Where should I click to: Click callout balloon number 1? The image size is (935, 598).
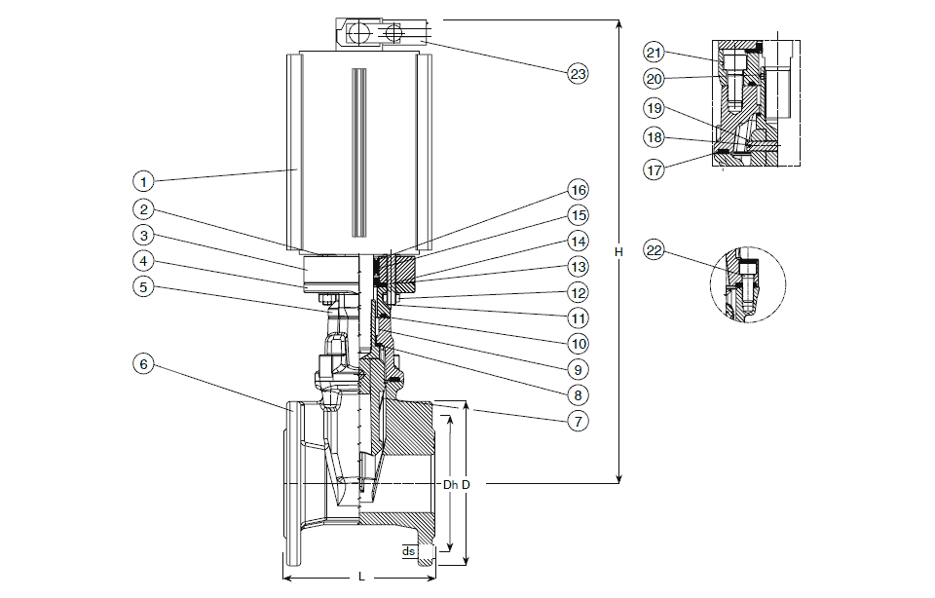143,180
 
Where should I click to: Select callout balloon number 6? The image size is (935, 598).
143,363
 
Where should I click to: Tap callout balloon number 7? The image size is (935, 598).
578,422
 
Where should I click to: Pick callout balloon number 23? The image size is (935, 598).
579,72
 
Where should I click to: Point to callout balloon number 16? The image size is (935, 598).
579,189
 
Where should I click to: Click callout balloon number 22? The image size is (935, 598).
654,251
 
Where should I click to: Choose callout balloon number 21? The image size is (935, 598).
654,53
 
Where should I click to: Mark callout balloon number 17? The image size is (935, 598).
654,168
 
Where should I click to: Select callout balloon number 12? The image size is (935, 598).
579,292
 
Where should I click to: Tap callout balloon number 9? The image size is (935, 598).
579,369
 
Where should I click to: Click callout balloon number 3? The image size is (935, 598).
143,235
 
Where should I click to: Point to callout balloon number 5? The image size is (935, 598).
143,287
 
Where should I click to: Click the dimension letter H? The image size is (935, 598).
619,252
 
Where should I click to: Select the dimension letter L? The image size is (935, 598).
360,579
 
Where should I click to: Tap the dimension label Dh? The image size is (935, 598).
450,484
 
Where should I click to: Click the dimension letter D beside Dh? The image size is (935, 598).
467,484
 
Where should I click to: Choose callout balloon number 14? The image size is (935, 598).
579,241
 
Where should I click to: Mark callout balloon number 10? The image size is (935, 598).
579,343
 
